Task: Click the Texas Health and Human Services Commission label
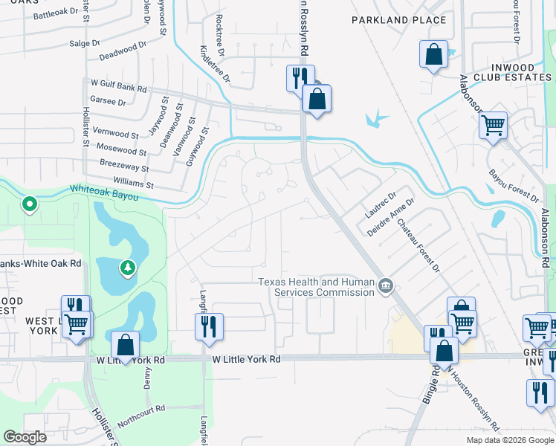tap(317, 287)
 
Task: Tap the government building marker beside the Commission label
tap(386, 285)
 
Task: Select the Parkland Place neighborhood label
tap(399, 20)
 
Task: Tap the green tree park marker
tap(128, 267)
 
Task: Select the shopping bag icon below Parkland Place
tap(433, 54)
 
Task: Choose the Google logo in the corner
tap(25, 437)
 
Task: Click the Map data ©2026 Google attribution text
tap(509, 440)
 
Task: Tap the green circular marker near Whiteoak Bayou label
tap(30, 203)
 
